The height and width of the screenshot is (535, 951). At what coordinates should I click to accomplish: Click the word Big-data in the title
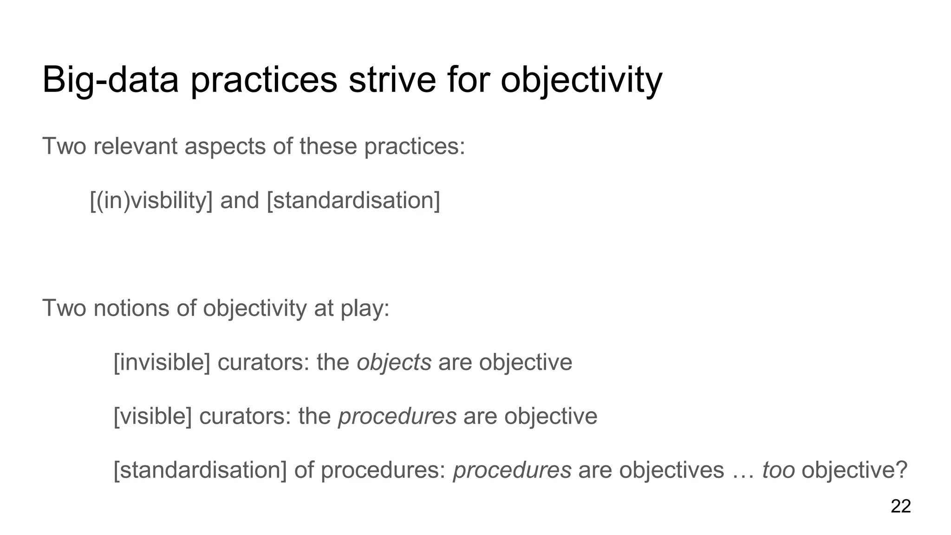click(x=110, y=80)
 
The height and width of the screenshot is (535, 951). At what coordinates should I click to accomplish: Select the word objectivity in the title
click(x=581, y=80)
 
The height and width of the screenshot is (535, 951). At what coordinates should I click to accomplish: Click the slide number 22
click(x=900, y=506)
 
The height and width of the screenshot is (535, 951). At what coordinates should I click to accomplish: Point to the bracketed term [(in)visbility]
click(x=151, y=201)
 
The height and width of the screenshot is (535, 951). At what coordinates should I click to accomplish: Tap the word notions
click(x=131, y=308)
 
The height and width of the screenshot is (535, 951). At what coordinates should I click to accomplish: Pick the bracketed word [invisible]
click(x=162, y=362)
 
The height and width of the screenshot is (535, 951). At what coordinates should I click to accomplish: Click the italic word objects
click(x=394, y=362)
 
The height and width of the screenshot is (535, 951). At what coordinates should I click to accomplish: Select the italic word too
click(x=778, y=470)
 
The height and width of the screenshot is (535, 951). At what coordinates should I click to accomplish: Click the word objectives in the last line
click(x=671, y=470)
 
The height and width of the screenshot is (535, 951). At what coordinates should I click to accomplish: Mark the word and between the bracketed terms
click(x=240, y=201)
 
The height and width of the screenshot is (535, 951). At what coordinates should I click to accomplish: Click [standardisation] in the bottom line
click(x=200, y=470)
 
